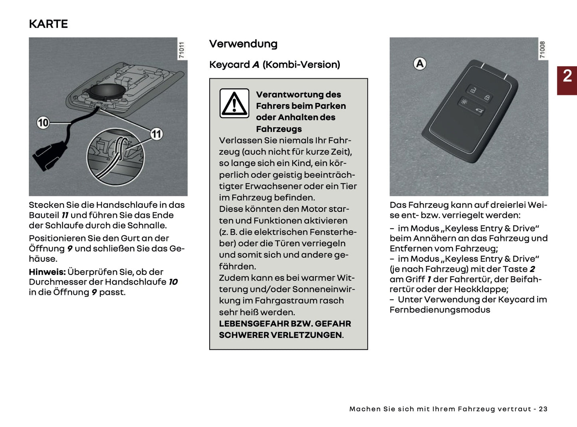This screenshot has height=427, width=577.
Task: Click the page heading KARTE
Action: point(48,24)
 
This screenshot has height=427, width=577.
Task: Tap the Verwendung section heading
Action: point(243,44)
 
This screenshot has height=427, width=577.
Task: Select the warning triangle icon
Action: point(234,103)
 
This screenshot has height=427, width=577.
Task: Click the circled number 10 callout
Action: point(43,123)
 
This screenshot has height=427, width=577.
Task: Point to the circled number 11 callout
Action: point(157,134)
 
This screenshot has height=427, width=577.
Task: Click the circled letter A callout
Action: point(420,64)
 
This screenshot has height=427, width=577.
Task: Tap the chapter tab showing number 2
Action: point(567,76)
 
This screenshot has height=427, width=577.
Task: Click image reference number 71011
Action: point(182,50)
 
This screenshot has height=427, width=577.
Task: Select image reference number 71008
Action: point(542,50)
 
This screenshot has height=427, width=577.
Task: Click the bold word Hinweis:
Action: point(47,272)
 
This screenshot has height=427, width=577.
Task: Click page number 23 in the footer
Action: point(543,409)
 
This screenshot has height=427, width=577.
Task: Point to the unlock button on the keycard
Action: point(473,91)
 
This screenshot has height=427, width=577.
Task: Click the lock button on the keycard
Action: point(487,97)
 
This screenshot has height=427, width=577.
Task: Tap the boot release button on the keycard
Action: point(478,111)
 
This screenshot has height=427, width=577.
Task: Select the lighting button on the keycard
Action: point(464,102)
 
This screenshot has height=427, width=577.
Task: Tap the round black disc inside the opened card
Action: point(103,91)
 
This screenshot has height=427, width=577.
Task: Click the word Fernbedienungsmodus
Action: point(440,310)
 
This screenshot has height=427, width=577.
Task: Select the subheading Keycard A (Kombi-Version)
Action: point(275,65)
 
